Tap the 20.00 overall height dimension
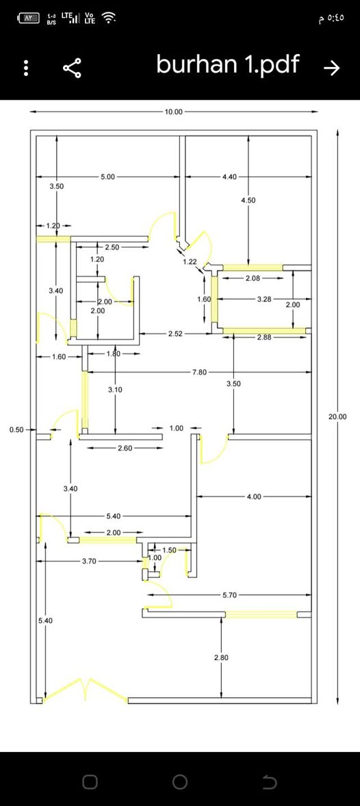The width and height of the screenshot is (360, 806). click(337, 417)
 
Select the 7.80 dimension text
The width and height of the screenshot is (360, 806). click(199, 372)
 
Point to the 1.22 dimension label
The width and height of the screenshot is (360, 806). click(190, 262)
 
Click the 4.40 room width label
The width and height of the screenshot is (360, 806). click(229, 177)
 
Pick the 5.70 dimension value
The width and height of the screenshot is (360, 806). click(229, 595)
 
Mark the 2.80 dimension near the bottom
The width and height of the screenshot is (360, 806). click(221, 657)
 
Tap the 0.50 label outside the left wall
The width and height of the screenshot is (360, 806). click(17, 429)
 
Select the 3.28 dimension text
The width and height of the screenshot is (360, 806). click(264, 299)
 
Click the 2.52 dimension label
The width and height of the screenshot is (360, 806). click(176, 334)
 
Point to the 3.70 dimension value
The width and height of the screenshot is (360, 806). click(90, 562)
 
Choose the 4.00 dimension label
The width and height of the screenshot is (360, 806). click(254, 496)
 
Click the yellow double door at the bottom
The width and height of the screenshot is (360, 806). click(86, 690)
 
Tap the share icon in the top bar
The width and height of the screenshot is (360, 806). click(73, 68)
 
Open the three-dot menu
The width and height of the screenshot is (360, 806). click(26, 68)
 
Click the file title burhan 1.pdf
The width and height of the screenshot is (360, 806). click(227, 66)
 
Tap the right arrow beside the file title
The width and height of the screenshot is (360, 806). click(332, 68)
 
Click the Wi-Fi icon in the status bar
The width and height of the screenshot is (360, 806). click(108, 18)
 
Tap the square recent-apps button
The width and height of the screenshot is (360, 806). click(90, 782)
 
